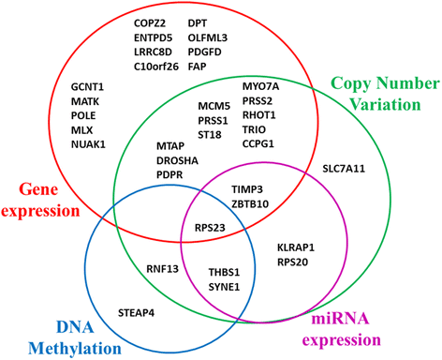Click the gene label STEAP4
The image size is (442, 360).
point(138,309)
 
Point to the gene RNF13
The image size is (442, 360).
point(162,270)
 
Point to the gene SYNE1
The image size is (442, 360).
point(227,284)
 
